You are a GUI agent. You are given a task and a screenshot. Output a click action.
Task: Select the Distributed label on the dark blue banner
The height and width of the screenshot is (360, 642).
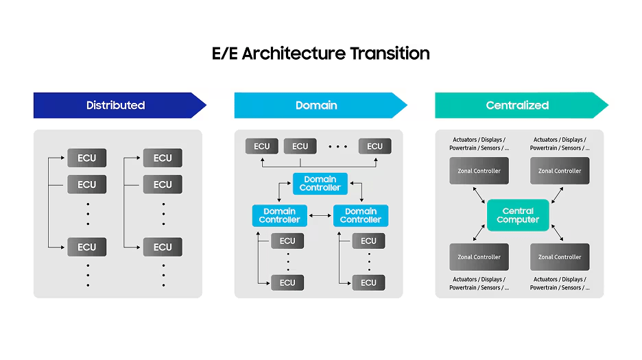tap(115, 106)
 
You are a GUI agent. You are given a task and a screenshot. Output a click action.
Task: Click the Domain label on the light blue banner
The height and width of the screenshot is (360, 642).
tap(316, 106)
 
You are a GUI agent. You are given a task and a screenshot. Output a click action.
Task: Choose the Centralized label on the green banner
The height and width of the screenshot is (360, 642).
tap(517, 106)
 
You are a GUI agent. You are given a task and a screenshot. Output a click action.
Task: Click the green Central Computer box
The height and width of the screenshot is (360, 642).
tap(518, 215)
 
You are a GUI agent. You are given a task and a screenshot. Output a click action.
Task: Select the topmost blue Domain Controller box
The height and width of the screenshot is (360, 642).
tap(320, 184)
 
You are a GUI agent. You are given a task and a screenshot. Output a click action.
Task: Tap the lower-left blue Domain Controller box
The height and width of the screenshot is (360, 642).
tap(279, 215)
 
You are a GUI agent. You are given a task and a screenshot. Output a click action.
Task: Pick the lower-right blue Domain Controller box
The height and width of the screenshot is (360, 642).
tap(360, 215)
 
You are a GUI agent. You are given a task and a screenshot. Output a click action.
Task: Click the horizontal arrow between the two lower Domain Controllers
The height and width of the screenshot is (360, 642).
tap(320, 216)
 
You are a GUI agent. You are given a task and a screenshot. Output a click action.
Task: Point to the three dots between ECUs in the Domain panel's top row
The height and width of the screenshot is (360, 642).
tap(337, 146)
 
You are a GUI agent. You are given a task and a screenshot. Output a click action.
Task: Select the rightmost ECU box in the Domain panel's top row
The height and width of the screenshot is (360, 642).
tap(374, 146)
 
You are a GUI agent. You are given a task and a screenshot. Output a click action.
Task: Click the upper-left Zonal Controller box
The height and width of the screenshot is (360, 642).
tap(479, 171)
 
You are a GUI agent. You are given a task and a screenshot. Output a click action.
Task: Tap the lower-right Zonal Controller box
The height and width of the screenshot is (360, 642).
tap(560, 257)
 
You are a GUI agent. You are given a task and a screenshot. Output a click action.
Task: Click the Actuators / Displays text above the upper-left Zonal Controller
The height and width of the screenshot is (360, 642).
tap(479, 140)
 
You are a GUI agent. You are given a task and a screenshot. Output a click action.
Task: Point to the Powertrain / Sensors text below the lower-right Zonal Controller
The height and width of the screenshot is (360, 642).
tap(560, 288)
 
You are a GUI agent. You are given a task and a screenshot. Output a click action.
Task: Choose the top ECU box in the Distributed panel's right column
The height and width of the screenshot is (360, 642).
tap(163, 158)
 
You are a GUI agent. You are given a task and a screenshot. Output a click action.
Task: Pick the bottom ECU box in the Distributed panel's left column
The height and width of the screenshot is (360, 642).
tap(87, 247)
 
